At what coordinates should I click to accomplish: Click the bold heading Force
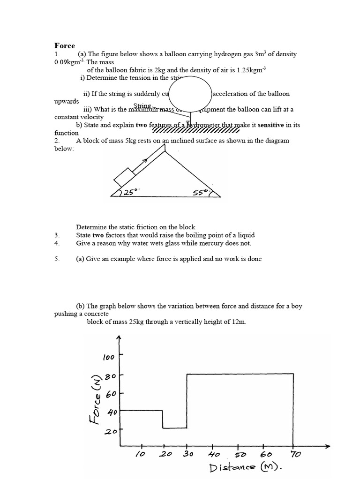pos(65,45)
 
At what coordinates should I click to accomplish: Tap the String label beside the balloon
pos(142,106)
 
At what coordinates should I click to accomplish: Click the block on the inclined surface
pos(124,178)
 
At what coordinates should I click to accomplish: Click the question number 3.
pos(57,235)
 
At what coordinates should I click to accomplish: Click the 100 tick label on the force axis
pos(108,358)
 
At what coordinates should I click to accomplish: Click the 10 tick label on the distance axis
pos(140,454)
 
